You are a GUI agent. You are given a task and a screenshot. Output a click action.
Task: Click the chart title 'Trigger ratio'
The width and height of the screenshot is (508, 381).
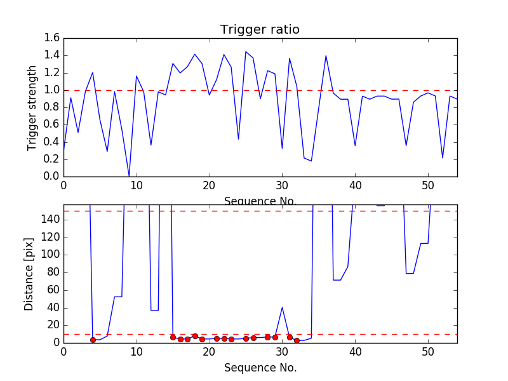260,30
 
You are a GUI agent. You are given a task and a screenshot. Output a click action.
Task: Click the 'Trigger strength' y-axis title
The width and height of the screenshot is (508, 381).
32,107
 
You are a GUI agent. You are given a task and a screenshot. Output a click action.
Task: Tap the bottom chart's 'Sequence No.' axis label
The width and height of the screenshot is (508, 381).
260,368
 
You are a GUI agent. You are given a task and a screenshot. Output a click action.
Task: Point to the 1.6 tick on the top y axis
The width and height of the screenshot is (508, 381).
52,38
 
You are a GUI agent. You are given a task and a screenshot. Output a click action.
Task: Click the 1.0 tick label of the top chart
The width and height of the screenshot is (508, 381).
52,90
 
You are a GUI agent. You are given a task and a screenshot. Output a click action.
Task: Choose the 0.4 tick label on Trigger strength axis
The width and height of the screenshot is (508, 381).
52,142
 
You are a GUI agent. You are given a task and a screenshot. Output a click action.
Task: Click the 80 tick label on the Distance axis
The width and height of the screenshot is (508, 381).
52,272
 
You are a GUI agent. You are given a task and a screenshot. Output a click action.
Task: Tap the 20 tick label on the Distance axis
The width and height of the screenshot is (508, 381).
52,325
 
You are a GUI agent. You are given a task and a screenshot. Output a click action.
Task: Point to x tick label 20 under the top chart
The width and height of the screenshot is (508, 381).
209,185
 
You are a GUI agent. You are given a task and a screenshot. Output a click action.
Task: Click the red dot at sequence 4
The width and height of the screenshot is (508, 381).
93,340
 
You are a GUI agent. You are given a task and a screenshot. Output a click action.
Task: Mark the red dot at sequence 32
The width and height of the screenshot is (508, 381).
297,340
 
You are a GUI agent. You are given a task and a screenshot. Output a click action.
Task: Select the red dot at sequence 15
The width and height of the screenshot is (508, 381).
173,337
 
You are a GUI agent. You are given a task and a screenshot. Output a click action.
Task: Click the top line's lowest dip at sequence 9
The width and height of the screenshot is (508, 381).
129,176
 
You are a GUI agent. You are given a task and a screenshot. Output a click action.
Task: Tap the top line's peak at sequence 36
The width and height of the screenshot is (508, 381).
326,56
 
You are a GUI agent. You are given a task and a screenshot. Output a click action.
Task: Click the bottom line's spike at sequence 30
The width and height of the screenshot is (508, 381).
282,307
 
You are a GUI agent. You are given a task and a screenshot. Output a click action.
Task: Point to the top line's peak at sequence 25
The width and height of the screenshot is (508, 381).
246,51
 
